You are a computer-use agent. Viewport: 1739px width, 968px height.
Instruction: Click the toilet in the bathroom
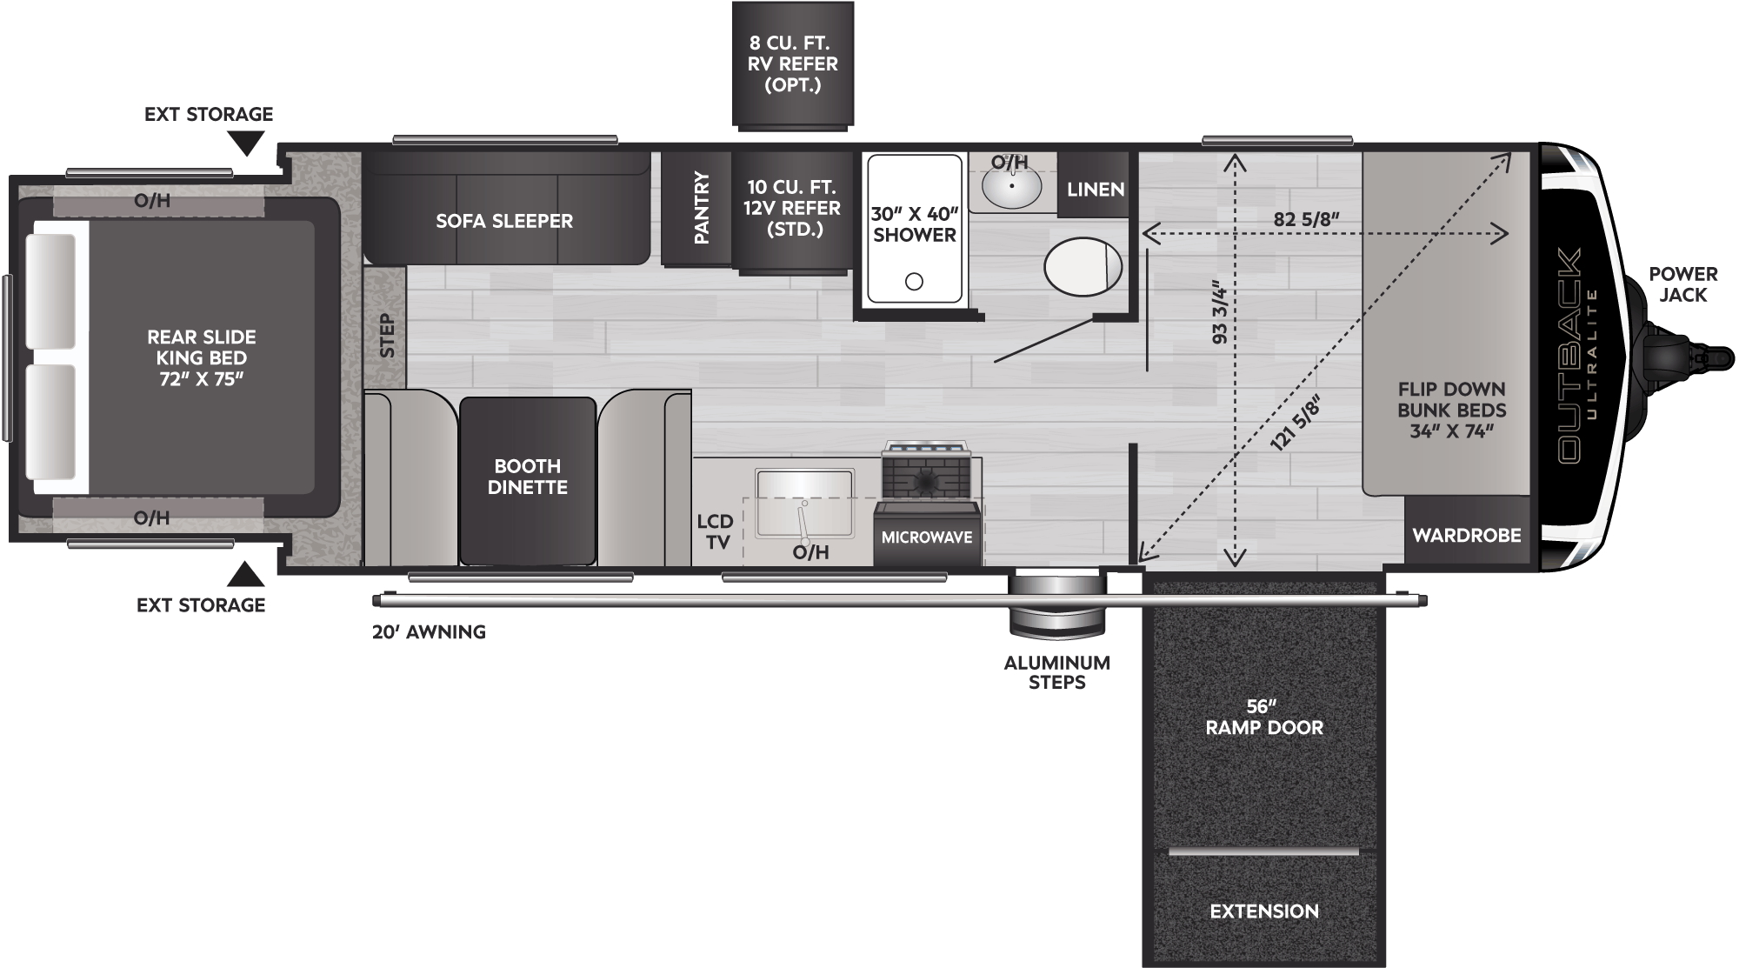point(1083,265)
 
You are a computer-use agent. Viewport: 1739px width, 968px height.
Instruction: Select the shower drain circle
point(914,282)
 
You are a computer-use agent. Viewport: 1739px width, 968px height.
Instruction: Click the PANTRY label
point(702,208)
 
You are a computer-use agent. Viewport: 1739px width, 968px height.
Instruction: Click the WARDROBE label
point(1467,535)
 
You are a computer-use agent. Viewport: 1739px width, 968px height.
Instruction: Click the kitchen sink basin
point(804,504)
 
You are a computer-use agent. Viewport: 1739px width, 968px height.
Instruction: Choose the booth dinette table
point(528,481)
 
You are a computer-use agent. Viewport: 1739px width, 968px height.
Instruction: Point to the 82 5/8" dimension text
point(1305,219)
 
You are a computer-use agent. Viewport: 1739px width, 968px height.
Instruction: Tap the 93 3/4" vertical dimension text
point(1220,311)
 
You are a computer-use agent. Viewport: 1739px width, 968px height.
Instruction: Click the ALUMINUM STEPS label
point(1057,672)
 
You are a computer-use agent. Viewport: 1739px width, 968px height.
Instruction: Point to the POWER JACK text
point(1683,284)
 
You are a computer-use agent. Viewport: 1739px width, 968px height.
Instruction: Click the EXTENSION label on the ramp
point(1264,911)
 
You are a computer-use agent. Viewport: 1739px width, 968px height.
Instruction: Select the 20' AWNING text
point(429,632)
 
